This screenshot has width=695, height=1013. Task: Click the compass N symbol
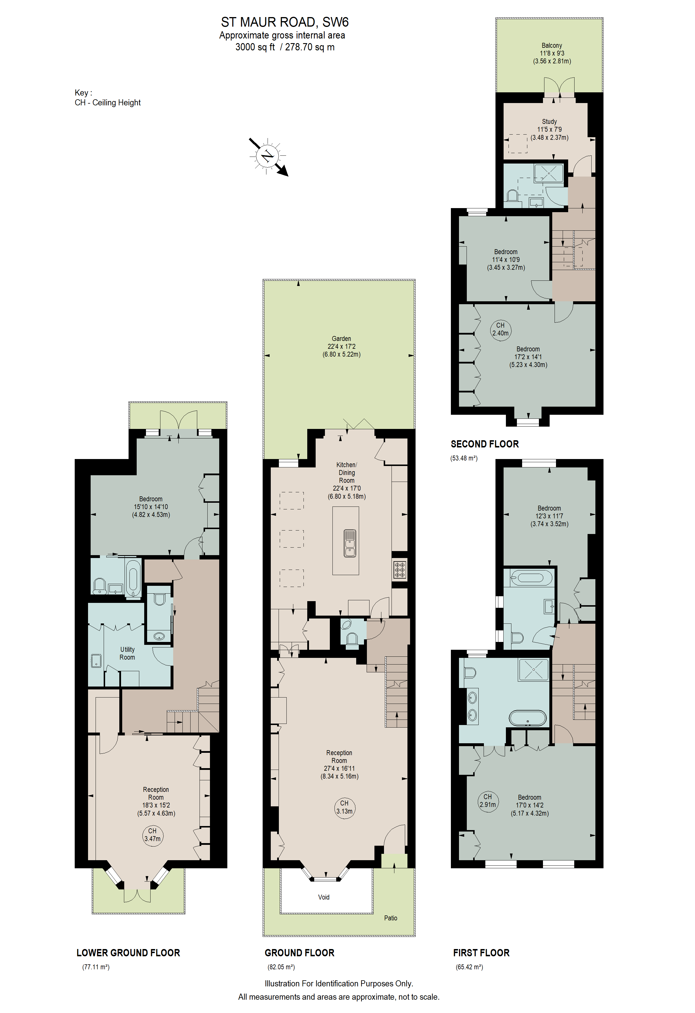[267, 156]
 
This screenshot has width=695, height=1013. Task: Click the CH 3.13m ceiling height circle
[344, 807]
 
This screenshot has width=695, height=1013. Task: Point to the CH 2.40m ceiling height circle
[500, 329]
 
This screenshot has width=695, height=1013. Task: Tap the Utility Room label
[127, 654]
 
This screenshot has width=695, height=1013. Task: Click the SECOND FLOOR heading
[484, 444]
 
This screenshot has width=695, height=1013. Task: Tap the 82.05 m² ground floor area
[281, 967]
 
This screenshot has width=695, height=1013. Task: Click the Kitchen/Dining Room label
[347, 480]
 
